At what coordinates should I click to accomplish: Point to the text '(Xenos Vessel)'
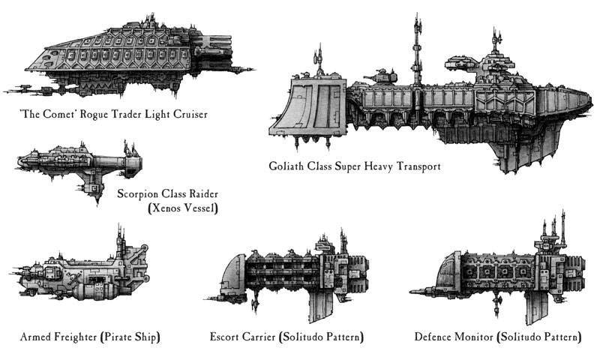182,208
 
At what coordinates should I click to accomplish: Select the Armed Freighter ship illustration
82,274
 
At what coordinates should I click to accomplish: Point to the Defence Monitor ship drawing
502,270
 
